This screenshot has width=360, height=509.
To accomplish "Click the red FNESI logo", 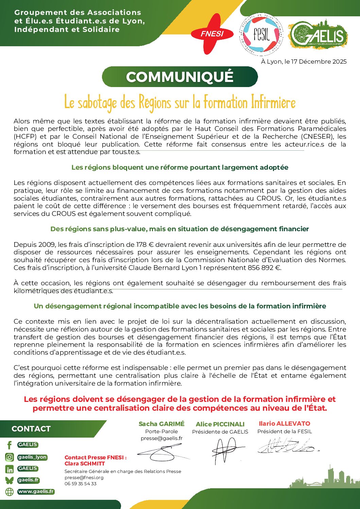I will tap(211, 34).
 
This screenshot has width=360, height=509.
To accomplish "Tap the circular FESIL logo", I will tap(261, 34).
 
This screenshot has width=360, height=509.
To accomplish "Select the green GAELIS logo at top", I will tap(318, 34).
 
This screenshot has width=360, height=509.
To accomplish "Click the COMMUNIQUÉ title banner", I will tap(180, 77).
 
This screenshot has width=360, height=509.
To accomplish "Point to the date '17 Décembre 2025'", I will tap(319, 62).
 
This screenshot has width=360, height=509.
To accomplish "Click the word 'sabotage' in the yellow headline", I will tap(97, 103).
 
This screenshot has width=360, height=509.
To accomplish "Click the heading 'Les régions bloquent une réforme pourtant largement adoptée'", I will tap(180, 167).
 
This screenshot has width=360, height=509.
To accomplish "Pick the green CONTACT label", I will tap(31, 429).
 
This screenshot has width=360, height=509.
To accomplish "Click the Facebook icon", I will tap(10, 445).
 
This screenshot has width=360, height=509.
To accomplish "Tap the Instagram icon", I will tap(10, 457).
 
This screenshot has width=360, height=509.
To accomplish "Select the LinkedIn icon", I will tap(10, 469).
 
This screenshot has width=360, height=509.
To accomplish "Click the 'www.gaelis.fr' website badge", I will tap(36, 491).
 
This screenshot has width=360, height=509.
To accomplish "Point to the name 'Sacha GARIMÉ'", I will tap(161, 424).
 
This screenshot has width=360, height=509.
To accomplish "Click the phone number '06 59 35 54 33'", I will tap(81, 483).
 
